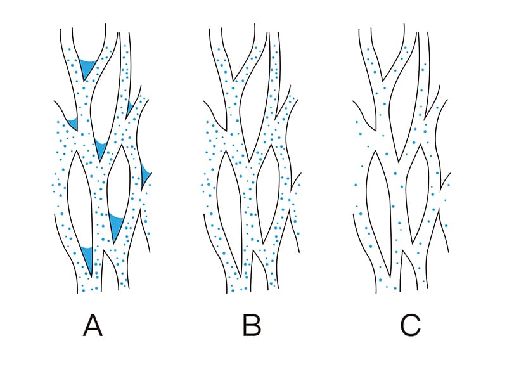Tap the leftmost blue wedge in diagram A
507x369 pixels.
(x=74, y=124)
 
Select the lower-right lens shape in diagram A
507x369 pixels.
(x=119, y=194)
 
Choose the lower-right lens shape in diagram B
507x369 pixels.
(x=268, y=194)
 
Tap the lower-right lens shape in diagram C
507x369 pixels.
(x=418, y=194)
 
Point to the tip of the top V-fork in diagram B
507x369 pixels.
(x=233, y=81)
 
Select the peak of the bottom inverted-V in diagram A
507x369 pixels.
(x=103, y=250)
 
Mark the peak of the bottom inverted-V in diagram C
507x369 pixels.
(x=402, y=250)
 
